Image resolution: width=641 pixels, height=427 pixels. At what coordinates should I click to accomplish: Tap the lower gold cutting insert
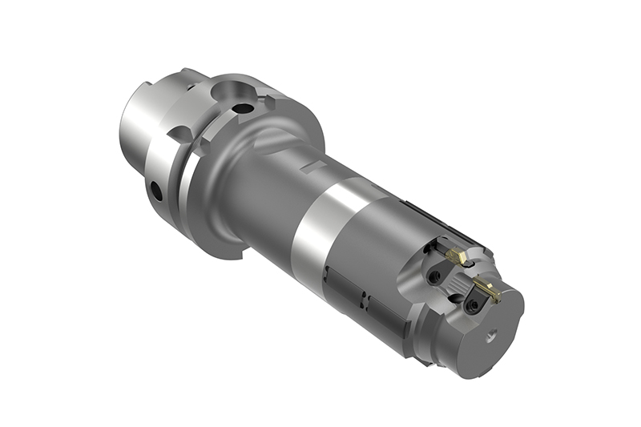tap(487, 289)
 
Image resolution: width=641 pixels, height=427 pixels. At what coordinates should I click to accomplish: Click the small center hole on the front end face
tap(491, 337)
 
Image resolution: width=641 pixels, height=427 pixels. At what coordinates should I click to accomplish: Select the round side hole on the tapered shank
tap(156, 192)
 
